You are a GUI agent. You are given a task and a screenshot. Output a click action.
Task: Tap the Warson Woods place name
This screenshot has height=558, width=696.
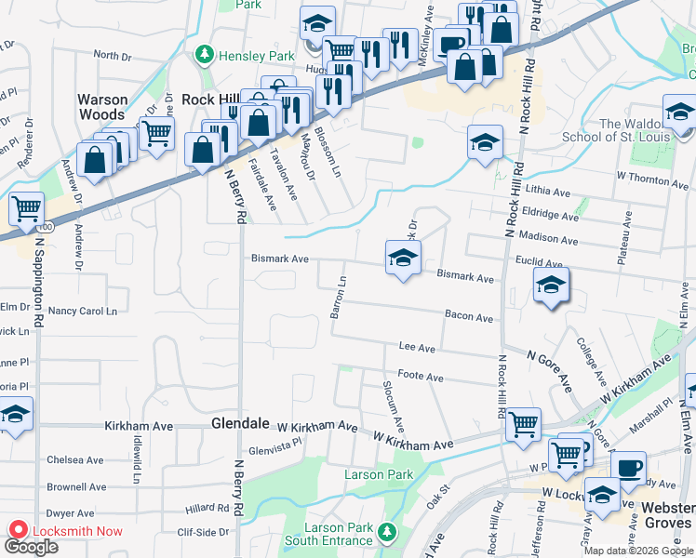coord(102,107)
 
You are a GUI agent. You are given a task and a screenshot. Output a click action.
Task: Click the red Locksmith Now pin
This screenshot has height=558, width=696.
coord(18,530)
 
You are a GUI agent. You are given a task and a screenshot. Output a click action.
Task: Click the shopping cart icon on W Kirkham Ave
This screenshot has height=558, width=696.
coord(524,423)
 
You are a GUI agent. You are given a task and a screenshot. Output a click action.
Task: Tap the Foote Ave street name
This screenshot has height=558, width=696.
coord(421,378)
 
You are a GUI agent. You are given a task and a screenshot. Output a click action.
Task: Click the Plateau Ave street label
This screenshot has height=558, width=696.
coord(625,239)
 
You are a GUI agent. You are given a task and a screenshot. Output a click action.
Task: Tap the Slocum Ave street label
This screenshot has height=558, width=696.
coord(394,406)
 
